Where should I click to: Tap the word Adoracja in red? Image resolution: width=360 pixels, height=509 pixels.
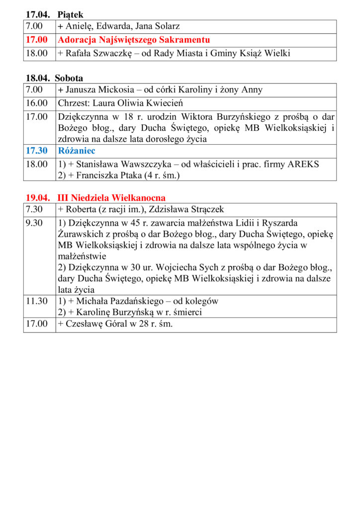click(77, 40)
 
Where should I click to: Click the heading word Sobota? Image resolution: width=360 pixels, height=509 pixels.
click(69, 78)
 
